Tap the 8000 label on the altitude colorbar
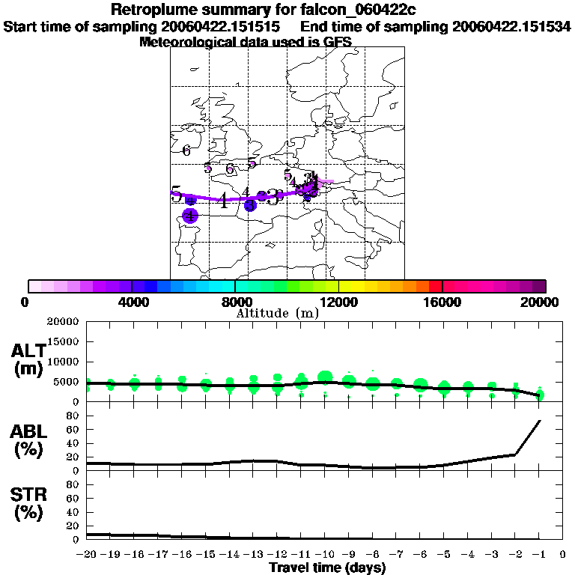click(234, 302)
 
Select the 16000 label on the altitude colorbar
click(442, 302)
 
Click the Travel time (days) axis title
click(328, 568)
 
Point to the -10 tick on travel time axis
click(324, 555)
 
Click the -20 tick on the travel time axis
click(87, 555)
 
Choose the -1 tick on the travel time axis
click(539, 555)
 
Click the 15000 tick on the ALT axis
click(64, 342)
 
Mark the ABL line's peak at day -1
click(540, 421)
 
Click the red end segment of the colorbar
click(435, 286)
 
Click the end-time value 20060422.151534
click(511, 27)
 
